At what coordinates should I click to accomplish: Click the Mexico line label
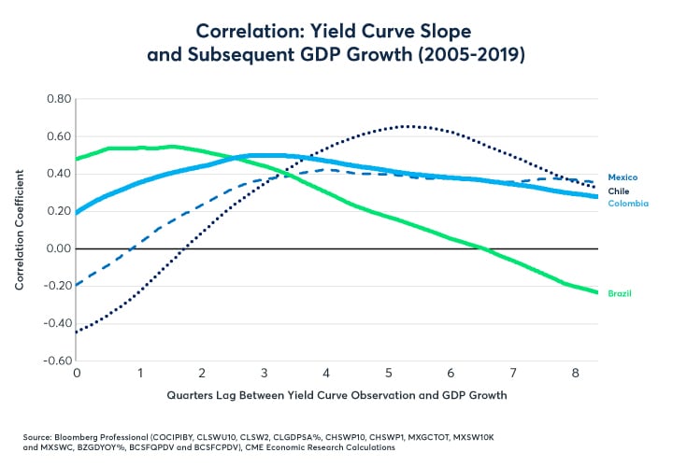[x=623, y=177]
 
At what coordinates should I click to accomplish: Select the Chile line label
[x=618, y=191]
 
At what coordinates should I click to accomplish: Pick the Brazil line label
[x=619, y=293]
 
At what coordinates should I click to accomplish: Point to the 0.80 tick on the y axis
[x=59, y=99]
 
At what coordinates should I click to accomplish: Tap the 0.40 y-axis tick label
[x=59, y=174]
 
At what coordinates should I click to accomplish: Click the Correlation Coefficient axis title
[x=20, y=230]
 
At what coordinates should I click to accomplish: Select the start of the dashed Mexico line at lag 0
[x=78, y=284]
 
